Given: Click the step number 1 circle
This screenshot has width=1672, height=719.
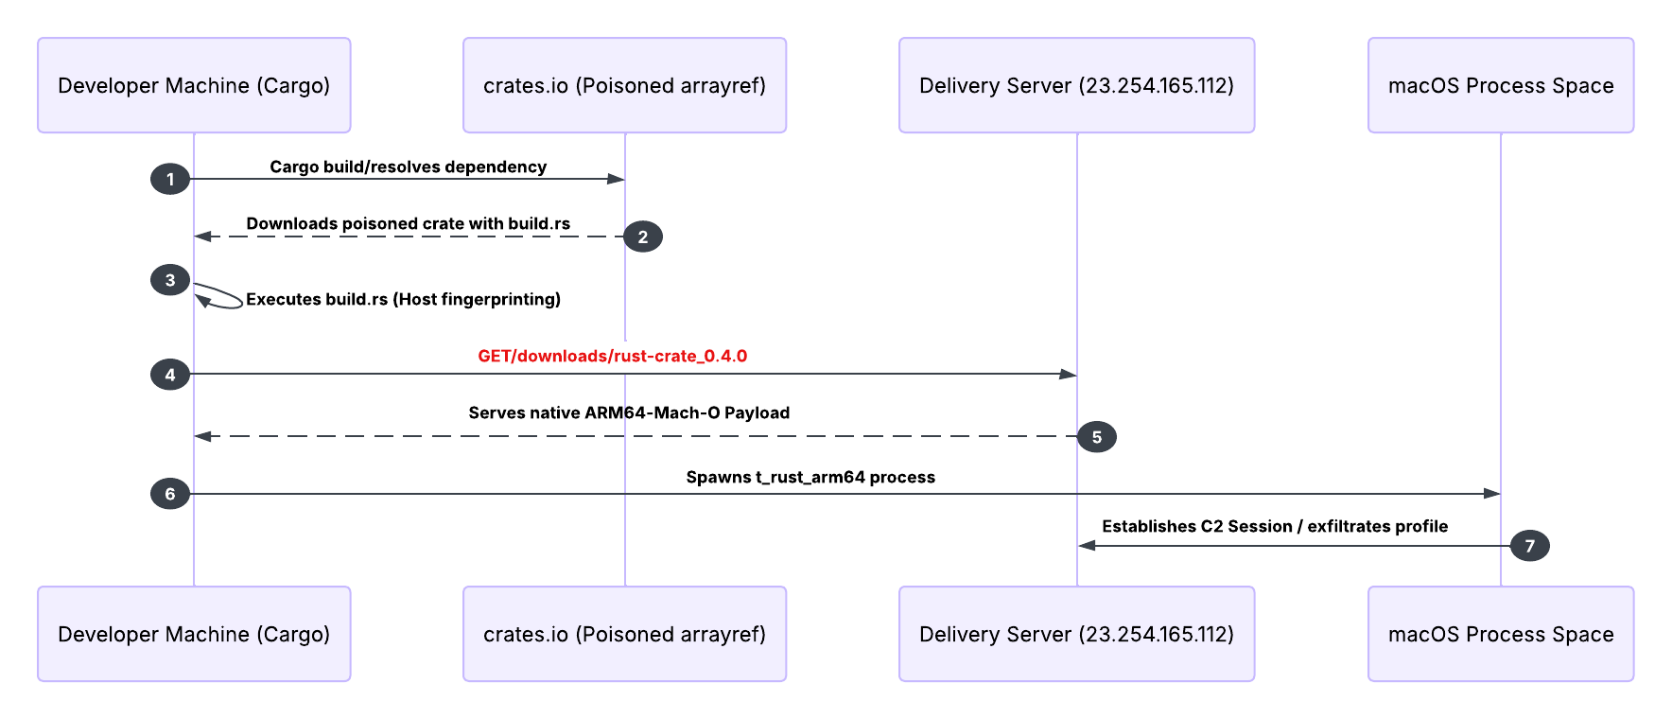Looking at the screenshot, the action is pyautogui.click(x=170, y=179).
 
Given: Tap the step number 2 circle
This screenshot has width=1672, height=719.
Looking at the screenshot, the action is pyautogui.click(x=643, y=237).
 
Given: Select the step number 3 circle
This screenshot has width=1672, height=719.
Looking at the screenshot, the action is pyautogui.click(x=170, y=280).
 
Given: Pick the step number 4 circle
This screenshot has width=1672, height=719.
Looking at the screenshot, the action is pyautogui.click(x=170, y=375).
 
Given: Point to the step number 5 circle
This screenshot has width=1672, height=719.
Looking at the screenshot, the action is pyautogui.click(x=1097, y=437).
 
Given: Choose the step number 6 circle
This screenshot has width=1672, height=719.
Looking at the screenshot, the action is pyautogui.click(x=170, y=494).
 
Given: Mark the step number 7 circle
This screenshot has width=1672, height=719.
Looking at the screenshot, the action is pyautogui.click(x=1530, y=546).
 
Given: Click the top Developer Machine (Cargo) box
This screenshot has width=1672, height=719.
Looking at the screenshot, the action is pyautogui.click(x=194, y=85).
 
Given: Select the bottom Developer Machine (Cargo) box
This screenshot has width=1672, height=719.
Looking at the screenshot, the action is pyautogui.click(x=194, y=634).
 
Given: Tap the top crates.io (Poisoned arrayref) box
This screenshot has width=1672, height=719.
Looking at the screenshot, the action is pyautogui.click(x=625, y=85).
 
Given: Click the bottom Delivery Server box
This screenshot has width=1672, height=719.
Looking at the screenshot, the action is pyautogui.click(x=1077, y=634).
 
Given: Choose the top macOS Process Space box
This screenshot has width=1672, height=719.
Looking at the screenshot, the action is pyautogui.click(x=1501, y=85).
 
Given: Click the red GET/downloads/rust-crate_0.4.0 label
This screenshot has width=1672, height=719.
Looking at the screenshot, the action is pyautogui.click(x=613, y=356).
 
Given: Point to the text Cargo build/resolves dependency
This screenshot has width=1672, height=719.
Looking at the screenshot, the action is pyautogui.click(x=409, y=167).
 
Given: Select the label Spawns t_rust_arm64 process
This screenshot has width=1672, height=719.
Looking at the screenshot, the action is pyautogui.click(x=810, y=478).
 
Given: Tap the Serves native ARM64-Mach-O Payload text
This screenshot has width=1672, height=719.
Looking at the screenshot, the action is pyautogui.click(x=629, y=413).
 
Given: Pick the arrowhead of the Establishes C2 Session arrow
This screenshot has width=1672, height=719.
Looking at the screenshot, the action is pyautogui.click(x=1087, y=546).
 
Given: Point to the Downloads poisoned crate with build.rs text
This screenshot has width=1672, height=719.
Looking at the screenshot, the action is pyautogui.click(x=409, y=224).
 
